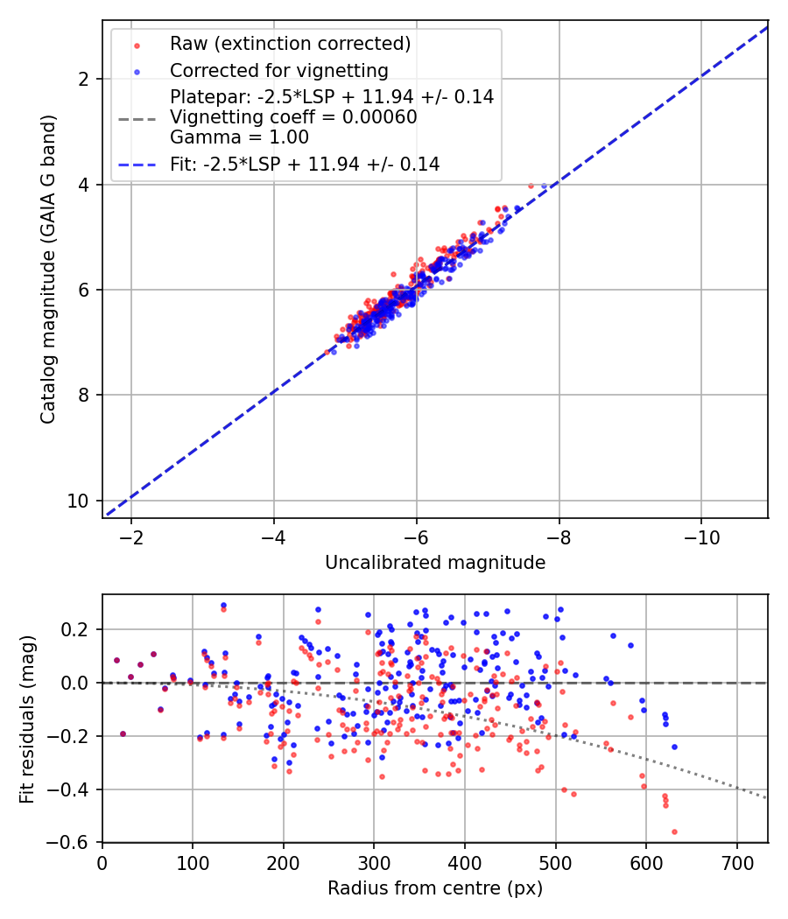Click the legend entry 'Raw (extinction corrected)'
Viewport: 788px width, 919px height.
tap(290, 44)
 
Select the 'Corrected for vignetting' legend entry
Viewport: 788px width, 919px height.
tap(278, 70)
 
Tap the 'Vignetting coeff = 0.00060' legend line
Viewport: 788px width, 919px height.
tap(293, 117)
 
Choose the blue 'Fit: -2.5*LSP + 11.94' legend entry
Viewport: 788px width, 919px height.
tap(304, 164)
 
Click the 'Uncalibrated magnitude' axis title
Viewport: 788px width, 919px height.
tap(435, 563)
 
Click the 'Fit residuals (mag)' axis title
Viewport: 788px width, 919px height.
tap(27, 719)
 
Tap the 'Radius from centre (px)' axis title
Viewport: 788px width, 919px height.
tap(435, 888)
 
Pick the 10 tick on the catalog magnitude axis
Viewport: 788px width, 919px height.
tap(79, 501)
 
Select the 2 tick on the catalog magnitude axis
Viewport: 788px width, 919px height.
tap(84, 79)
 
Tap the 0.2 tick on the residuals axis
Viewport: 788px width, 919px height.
tap(77, 629)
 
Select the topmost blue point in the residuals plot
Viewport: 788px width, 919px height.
tap(223, 605)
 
